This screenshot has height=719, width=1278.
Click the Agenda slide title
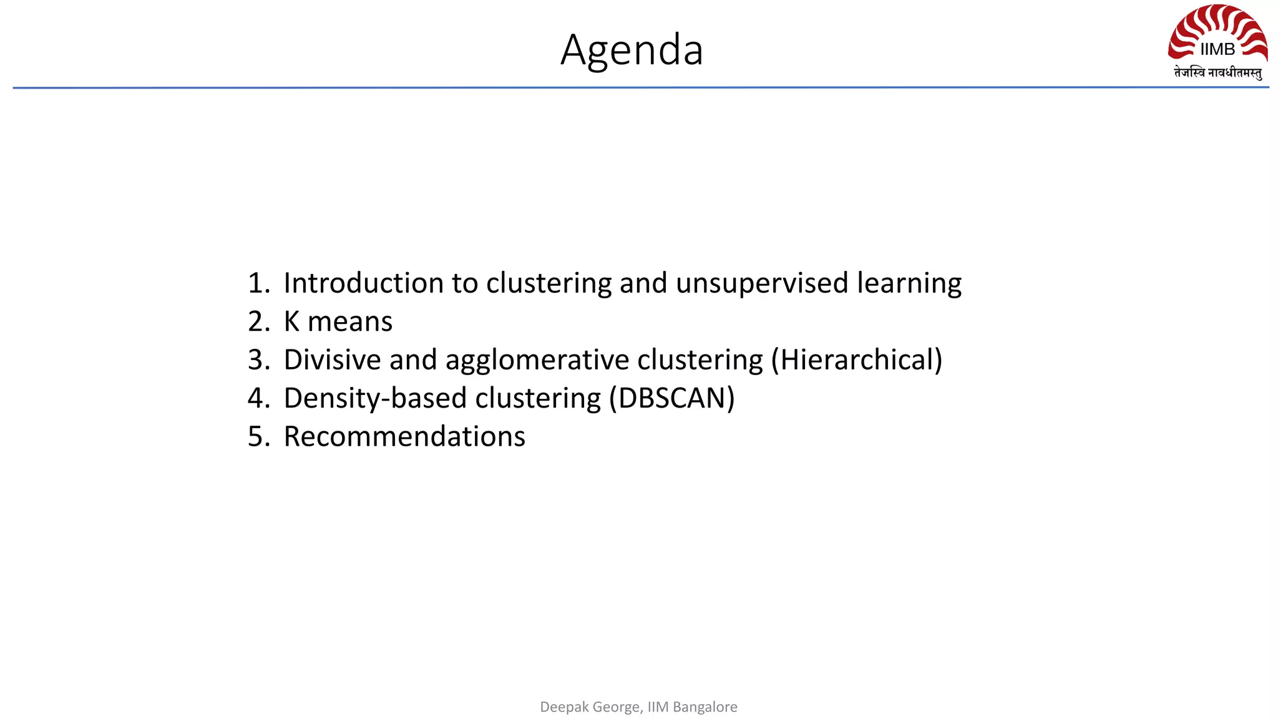tap(632, 50)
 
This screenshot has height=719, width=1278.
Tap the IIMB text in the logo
tap(1217, 49)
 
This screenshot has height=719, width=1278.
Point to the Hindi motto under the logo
tap(1217, 73)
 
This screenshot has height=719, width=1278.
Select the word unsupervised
tap(762, 284)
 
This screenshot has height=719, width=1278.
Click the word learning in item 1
tap(909, 284)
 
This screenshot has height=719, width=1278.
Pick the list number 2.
tap(258, 322)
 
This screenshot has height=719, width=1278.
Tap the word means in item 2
tap(349, 322)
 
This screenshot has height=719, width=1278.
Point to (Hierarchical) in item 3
tap(856, 360)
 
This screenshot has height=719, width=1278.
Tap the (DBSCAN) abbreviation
tap(671, 399)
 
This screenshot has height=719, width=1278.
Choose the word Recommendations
tap(404, 436)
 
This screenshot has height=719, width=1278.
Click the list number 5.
tap(258, 436)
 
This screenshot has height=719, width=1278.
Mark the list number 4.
tap(258, 398)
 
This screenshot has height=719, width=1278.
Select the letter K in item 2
tap(291, 322)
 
